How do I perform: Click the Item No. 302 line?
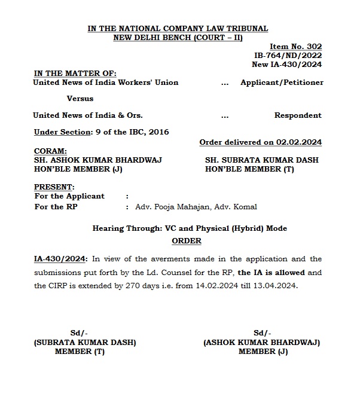(296, 46)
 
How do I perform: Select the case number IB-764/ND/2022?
(288, 55)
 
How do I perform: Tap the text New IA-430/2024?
(287, 64)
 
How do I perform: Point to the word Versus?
(80, 99)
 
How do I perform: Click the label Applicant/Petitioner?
(282, 83)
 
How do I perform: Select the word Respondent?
(298, 115)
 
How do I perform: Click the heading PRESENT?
(54, 187)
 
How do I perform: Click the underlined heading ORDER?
(187, 240)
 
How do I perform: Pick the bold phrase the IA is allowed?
(272, 272)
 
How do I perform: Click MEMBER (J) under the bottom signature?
(263, 352)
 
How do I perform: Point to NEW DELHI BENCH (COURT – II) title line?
(178, 37)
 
